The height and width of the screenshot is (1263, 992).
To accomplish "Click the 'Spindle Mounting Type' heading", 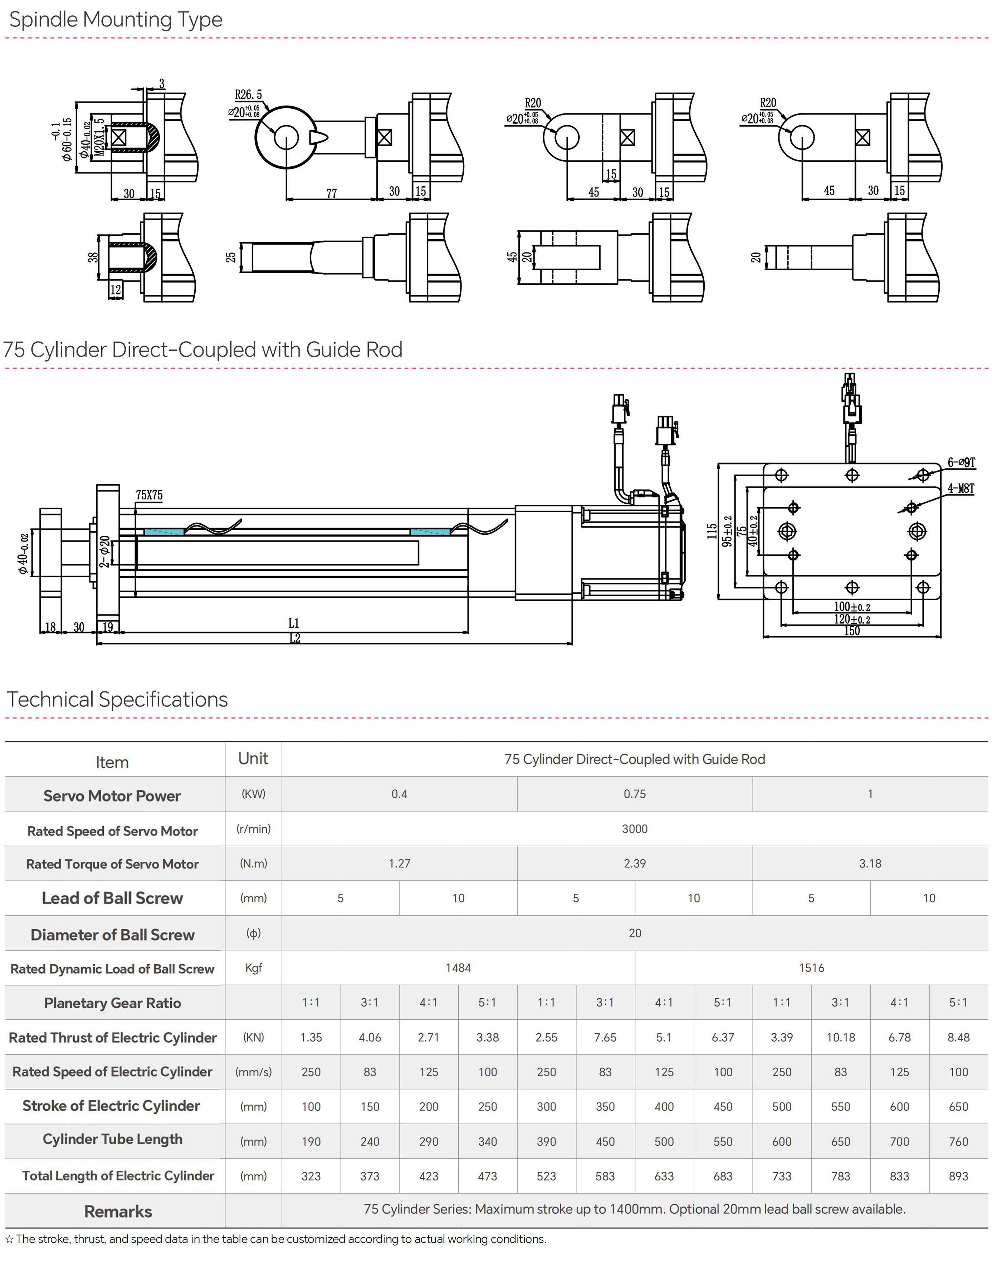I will [116, 20].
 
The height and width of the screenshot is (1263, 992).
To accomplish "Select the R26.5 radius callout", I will [248, 94].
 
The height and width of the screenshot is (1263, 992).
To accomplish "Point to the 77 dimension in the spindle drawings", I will [331, 194].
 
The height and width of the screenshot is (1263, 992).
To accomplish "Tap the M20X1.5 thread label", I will [100, 137].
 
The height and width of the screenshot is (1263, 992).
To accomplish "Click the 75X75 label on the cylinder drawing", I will [149, 495].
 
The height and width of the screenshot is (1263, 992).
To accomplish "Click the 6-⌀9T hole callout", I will [961, 462].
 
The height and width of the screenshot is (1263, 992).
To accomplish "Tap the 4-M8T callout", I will [961, 488].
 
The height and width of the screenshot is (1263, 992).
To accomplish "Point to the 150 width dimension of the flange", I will [851, 631].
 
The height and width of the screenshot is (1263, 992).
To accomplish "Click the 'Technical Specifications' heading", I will [117, 699].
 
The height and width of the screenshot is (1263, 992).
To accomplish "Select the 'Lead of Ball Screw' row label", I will [112, 898].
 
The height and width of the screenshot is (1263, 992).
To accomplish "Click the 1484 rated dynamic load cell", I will [458, 968].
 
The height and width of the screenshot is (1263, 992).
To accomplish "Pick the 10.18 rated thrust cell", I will [840, 1037].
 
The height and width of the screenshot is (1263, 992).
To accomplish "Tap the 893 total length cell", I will [958, 1176].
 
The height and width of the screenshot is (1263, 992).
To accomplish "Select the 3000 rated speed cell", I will [635, 829].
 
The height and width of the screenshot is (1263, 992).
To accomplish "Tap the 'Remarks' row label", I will [118, 1211].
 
